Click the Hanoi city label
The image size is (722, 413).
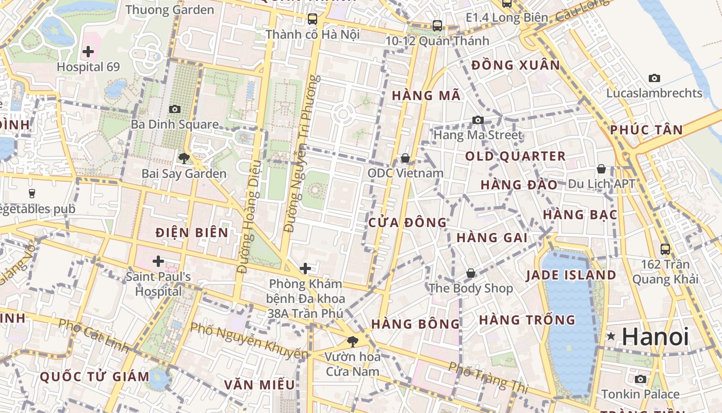click(655, 337)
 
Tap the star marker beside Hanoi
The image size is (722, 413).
click(611, 337)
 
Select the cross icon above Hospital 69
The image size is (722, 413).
click(88, 52)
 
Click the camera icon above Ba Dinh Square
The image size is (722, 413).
click(175, 109)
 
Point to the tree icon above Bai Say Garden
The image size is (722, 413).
click(184, 158)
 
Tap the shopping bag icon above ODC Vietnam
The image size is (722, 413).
click(405, 158)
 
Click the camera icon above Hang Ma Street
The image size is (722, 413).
click(478, 120)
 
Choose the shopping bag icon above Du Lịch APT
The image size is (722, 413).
click(601, 169)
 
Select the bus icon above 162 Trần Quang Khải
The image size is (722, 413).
click(665, 249)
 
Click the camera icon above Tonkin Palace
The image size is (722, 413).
click(641, 379)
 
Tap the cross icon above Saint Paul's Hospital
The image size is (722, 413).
click(158, 261)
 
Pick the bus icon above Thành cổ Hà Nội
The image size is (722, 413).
click(313, 20)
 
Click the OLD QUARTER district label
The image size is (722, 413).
click(515, 156)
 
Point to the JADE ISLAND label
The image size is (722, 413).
click(571, 275)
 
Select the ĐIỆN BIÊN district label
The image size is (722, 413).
click(192, 233)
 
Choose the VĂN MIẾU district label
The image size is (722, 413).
click(259, 385)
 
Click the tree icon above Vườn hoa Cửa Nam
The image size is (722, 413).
click(353, 341)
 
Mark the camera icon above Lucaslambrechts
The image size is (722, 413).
click(654, 78)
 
